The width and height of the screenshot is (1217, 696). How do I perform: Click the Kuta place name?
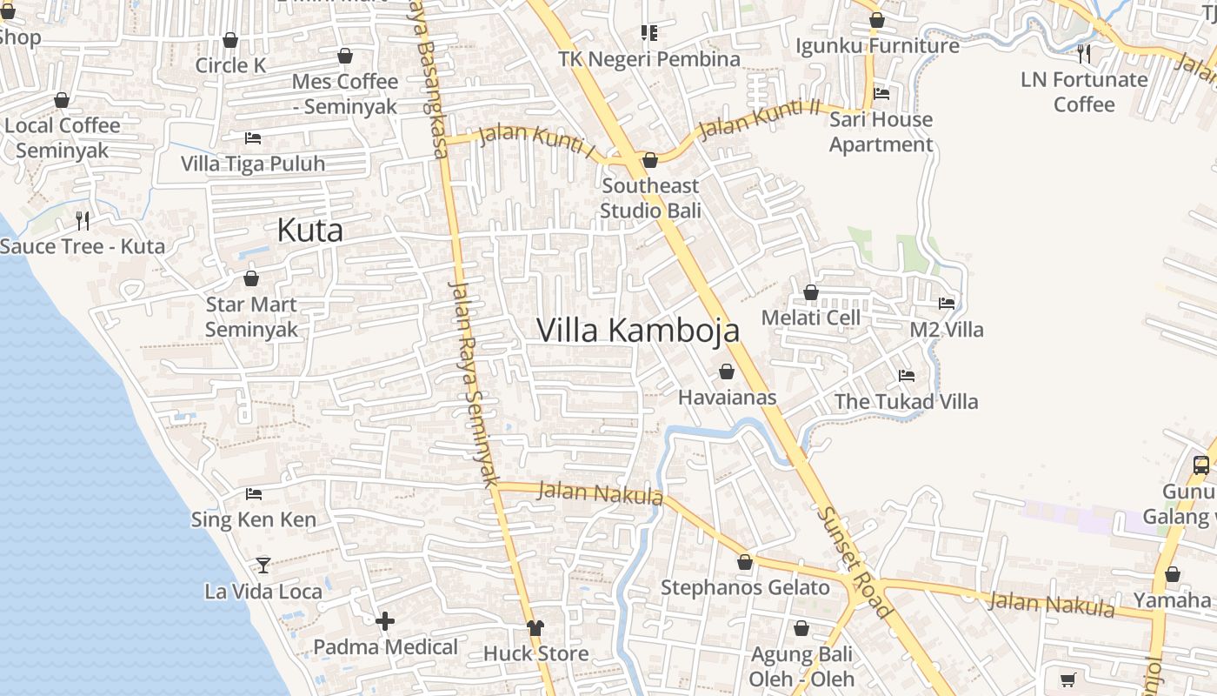309,231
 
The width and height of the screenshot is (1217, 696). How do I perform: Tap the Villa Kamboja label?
638,331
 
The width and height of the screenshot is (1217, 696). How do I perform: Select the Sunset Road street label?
854,562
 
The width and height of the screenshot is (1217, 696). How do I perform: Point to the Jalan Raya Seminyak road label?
474,383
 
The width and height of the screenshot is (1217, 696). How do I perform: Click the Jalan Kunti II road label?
759,120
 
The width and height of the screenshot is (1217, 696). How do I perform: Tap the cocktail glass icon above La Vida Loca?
263,565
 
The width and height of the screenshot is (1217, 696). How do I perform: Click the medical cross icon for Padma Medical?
385,621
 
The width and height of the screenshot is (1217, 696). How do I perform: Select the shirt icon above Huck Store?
535,628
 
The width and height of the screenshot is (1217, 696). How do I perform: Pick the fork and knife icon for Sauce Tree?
83,220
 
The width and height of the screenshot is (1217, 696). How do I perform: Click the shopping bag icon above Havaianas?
727,372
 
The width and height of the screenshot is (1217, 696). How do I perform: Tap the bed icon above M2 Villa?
947,304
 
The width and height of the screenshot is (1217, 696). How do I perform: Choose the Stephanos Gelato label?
745,587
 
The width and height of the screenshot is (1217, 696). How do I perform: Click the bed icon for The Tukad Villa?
907,376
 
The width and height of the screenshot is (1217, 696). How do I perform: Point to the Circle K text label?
230,65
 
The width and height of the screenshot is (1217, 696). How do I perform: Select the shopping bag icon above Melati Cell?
811,292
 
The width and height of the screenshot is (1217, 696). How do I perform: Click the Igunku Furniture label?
877,45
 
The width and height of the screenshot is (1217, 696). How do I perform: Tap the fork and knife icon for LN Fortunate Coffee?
1083,54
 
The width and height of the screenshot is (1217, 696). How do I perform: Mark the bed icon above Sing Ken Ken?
254,494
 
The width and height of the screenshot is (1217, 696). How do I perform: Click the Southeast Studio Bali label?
650,198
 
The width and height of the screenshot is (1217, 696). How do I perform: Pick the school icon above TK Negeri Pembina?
649,33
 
